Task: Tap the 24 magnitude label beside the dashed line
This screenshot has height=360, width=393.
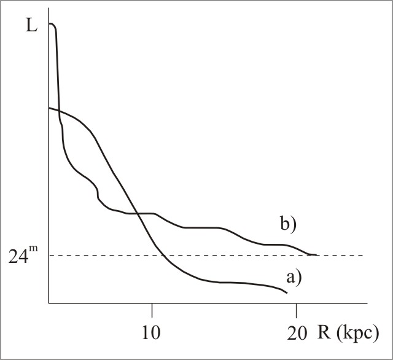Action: pos(21,256)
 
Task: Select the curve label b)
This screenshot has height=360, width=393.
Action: pos(287,224)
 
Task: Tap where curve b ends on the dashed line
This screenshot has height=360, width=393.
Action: pos(316,254)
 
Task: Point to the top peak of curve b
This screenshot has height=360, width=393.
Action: pos(52,24)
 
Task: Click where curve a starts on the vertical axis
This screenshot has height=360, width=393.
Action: pos(49,108)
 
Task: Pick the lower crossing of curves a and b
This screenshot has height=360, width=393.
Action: pos(137,213)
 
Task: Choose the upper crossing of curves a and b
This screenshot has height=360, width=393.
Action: pos(59,111)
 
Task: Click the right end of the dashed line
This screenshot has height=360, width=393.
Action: pos(363,255)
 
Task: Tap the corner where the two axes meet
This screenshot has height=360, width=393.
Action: pos(49,303)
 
